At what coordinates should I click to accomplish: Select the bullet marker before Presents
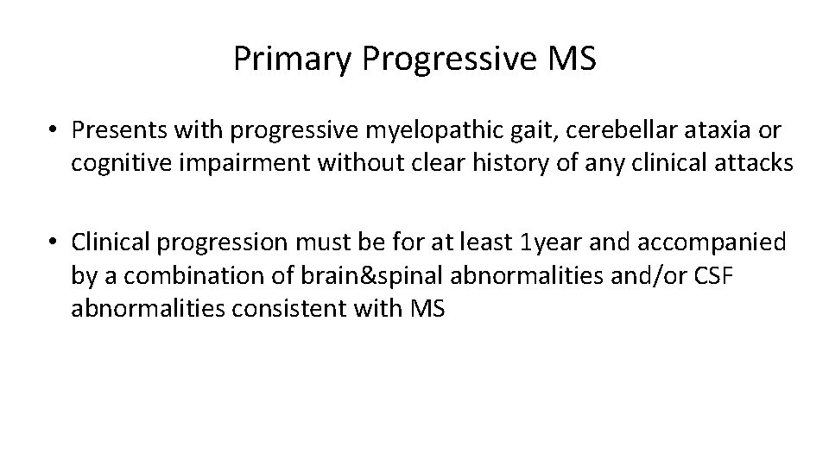point(54,130)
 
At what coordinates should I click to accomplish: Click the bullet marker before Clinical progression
point(54,244)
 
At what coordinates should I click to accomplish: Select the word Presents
point(113,130)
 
